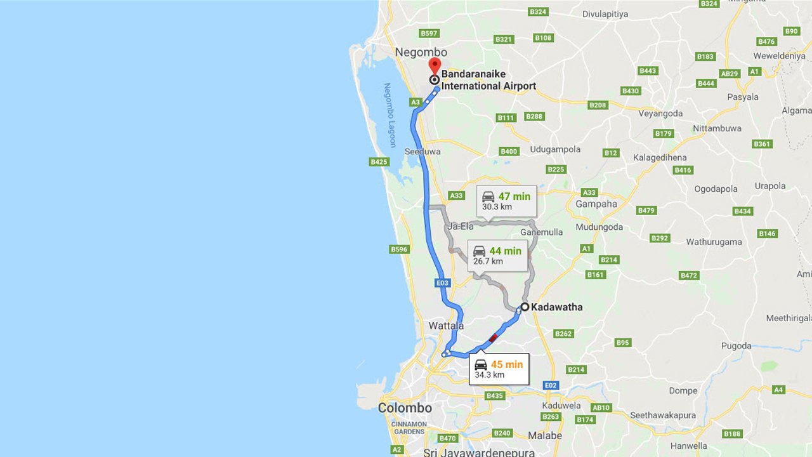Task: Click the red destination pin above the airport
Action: (x=435, y=65)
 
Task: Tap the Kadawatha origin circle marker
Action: (x=525, y=307)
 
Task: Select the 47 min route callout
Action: (x=506, y=201)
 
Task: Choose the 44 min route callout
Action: (x=497, y=255)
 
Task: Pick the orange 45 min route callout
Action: (x=499, y=369)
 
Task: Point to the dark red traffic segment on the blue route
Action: (x=493, y=338)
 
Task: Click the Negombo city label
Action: (x=421, y=52)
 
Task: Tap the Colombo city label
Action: (x=405, y=408)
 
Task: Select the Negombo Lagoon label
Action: (x=389, y=115)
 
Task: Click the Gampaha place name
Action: (x=596, y=204)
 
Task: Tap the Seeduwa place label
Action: (x=422, y=152)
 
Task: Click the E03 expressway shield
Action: (x=443, y=283)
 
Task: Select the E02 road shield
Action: (x=551, y=385)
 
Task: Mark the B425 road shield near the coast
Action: (x=379, y=162)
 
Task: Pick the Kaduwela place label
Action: (x=561, y=405)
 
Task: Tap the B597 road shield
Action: (x=429, y=33)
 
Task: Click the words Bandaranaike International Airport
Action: (x=488, y=80)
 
